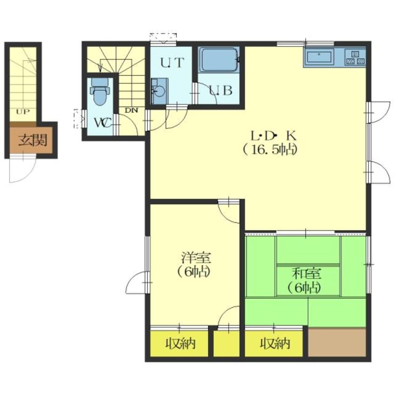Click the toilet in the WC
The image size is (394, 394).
tap(100, 91)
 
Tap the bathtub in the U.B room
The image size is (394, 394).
tap(218, 60)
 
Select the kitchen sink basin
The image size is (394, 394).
tap(319, 57)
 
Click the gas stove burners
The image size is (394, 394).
tap(355, 57)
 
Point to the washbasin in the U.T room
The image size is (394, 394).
tap(159, 91)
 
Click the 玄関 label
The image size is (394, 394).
tap(33, 140)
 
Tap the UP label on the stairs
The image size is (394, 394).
tap(23, 112)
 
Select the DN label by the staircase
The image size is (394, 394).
tap(131, 110)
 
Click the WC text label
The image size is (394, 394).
tap(102, 122)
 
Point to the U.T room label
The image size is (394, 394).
tap(172, 63)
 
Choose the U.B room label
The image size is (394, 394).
tap(220, 90)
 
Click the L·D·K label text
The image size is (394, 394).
tap(274, 136)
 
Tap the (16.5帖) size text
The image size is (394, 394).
tap(270, 150)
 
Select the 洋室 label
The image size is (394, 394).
tap(196, 257)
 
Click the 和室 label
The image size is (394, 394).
tap(306, 274)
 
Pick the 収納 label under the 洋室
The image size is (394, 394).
tap(180, 343)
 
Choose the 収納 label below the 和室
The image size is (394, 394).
tap(275, 343)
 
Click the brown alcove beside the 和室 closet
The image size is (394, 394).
tap(337, 342)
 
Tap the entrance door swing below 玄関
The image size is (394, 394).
tap(22, 170)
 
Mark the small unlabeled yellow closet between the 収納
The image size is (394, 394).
tap(226, 343)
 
